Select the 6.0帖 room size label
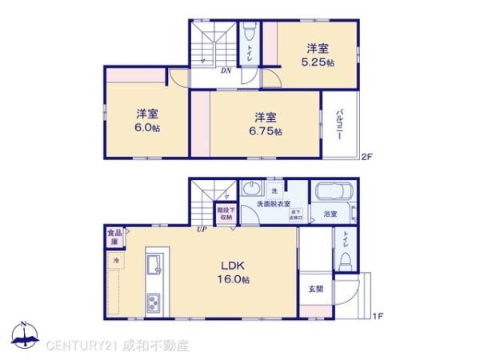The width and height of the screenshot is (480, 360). click(146, 126)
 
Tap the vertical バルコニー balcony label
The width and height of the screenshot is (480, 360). click(339, 124)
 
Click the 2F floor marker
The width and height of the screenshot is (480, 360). click(367, 156)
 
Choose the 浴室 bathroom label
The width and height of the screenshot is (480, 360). click(330, 214)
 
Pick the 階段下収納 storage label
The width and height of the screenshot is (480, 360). click(225, 214)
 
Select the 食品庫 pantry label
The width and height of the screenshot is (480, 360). click(114, 238)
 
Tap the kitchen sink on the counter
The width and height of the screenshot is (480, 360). click(154, 264)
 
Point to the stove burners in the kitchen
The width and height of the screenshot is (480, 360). click(154, 303)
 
